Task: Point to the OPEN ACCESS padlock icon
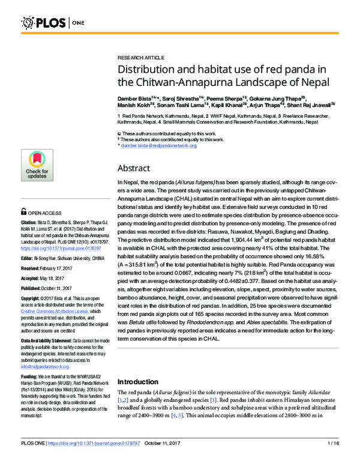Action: pos(23,211)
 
